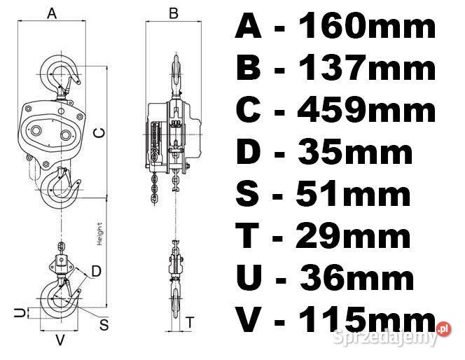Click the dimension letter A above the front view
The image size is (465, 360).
click(x=52, y=13)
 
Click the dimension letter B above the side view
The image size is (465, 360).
click(x=174, y=13)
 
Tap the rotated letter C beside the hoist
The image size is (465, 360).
click(x=99, y=133)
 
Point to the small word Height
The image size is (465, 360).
click(x=99, y=234)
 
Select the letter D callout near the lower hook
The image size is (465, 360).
click(x=96, y=271)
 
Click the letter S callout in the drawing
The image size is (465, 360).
click(x=104, y=324)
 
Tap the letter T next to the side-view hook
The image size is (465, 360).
click(x=190, y=322)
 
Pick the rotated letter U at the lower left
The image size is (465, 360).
click(x=20, y=312)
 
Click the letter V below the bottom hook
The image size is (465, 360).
click(x=60, y=340)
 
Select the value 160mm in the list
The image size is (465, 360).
click(x=367, y=27)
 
